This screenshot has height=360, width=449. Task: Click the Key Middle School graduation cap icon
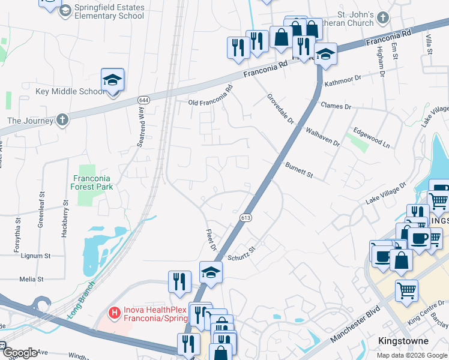pos(112,80)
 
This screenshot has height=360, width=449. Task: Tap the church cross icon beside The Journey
pos(63,120)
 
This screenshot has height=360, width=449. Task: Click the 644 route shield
pos(143,100)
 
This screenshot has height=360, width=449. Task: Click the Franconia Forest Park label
pos(93,182)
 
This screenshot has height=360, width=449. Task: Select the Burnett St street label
pos(299,169)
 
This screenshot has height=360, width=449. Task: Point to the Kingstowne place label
pos(403,341)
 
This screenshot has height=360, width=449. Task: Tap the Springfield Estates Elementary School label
pos(109,11)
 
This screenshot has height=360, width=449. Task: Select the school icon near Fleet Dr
pos(211,273)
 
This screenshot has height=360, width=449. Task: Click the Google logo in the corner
pos(19,353)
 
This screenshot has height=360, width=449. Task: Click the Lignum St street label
pos(34,256)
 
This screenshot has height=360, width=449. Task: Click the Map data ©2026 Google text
pos(412,355)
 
